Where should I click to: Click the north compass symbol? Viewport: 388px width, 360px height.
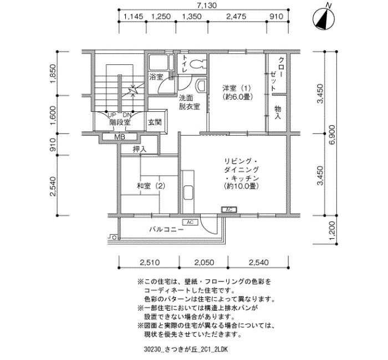coord(324,18)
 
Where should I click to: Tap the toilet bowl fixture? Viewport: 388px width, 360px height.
coord(198,64)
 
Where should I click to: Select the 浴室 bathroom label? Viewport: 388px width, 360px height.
coord(156,77)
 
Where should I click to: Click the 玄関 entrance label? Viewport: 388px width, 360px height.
coord(155,122)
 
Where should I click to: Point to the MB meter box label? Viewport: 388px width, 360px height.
coord(120,137)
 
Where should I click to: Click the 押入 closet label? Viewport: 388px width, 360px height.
coord(140,149)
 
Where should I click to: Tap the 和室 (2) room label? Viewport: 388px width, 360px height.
coord(151,186)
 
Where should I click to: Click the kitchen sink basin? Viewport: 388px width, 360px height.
coord(189,192)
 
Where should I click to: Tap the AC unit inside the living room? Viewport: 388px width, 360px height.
coord(229,210)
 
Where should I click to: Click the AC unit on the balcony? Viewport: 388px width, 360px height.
coord(190,222)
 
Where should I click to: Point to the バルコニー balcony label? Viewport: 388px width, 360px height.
coord(166,230)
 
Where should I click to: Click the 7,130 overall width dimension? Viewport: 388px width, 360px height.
coord(207,5)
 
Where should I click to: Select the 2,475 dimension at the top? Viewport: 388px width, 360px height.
coord(236,16)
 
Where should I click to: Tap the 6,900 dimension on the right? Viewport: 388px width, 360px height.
coord(332,135)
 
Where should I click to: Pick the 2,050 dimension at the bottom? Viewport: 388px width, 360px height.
coord(204,263)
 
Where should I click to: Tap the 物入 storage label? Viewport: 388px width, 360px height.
coord(278,112)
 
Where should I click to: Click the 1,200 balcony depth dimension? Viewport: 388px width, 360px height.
coord(332,230)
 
